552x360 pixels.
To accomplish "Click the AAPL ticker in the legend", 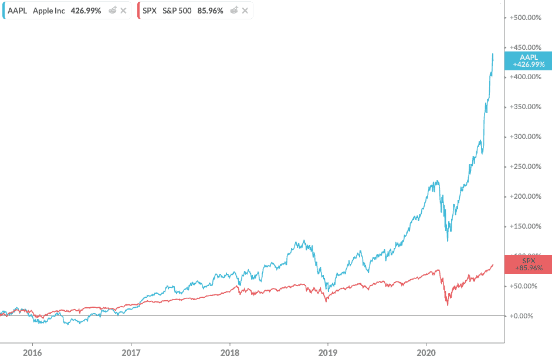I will coord(18,11).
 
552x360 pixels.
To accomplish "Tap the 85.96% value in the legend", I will coord(211,11).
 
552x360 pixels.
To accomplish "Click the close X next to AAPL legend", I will coord(123,11).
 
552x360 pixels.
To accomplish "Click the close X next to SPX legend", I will coord(245,11).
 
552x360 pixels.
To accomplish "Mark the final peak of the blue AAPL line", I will coord(493,54).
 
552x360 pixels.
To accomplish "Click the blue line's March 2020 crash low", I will coord(448,240).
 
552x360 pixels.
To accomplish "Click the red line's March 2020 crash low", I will coord(448,305).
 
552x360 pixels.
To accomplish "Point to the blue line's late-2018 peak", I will coord(303,240).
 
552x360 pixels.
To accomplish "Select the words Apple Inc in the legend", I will coord(49,11).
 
